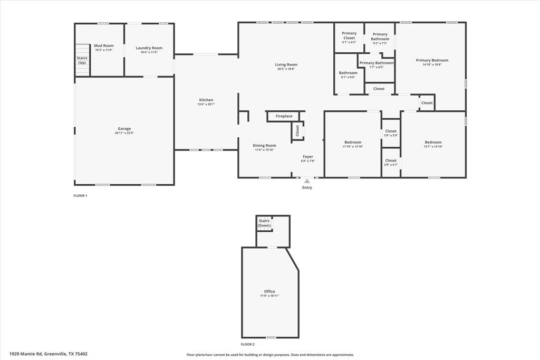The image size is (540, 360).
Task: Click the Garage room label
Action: (124, 129)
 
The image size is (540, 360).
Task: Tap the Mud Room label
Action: (104, 46)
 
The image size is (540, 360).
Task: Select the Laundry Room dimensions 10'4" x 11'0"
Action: (149, 52)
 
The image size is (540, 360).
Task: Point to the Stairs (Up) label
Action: (82, 60)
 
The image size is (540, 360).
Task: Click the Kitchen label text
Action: (206, 100)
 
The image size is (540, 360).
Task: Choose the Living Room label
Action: (286, 64)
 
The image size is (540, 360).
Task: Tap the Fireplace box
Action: (284, 116)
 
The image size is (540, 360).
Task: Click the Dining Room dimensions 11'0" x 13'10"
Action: (264, 150)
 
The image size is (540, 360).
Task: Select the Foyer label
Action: (307, 156)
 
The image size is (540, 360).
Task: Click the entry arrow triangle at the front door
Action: (307, 181)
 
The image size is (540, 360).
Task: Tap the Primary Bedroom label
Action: (432, 60)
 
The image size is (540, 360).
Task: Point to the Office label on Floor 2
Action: (269, 291)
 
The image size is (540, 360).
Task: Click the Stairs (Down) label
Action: (264, 223)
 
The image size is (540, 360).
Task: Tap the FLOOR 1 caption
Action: (80, 196)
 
